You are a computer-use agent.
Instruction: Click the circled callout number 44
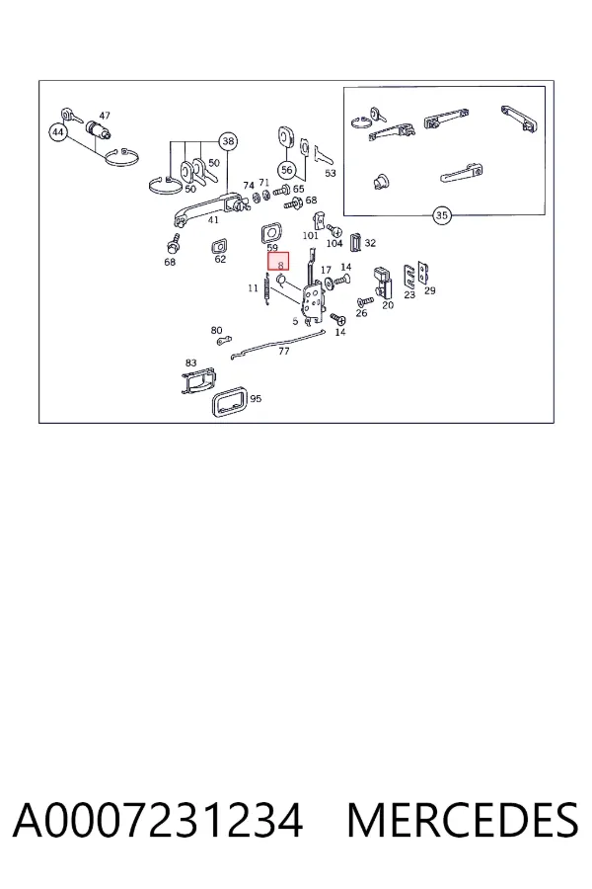tap(58, 132)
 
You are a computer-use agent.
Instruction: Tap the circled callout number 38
tap(228, 141)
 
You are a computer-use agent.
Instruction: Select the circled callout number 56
tap(287, 170)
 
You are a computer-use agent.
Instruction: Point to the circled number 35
tap(441, 215)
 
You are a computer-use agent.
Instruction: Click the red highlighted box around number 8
tap(278, 262)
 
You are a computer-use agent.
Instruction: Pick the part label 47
tap(105, 116)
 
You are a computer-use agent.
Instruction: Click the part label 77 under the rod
tap(284, 352)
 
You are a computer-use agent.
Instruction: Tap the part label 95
tap(256, 399)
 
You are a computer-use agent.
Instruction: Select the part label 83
tap(190, 363)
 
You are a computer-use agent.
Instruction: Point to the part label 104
tap(334, 243)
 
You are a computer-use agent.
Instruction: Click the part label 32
tap(370, 243)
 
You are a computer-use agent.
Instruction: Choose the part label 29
tap(430, 290)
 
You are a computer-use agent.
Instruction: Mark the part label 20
tap(388, 305)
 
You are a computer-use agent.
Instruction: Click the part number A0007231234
tap(158, 821)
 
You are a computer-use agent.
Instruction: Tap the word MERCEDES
tap(463, 821)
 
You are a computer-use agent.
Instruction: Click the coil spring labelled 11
tap(267, 289)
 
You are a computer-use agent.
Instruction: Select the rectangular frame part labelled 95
tap(229, 401)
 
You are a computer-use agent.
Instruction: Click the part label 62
tap(220, 259)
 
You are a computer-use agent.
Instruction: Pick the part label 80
tap(216, 331)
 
